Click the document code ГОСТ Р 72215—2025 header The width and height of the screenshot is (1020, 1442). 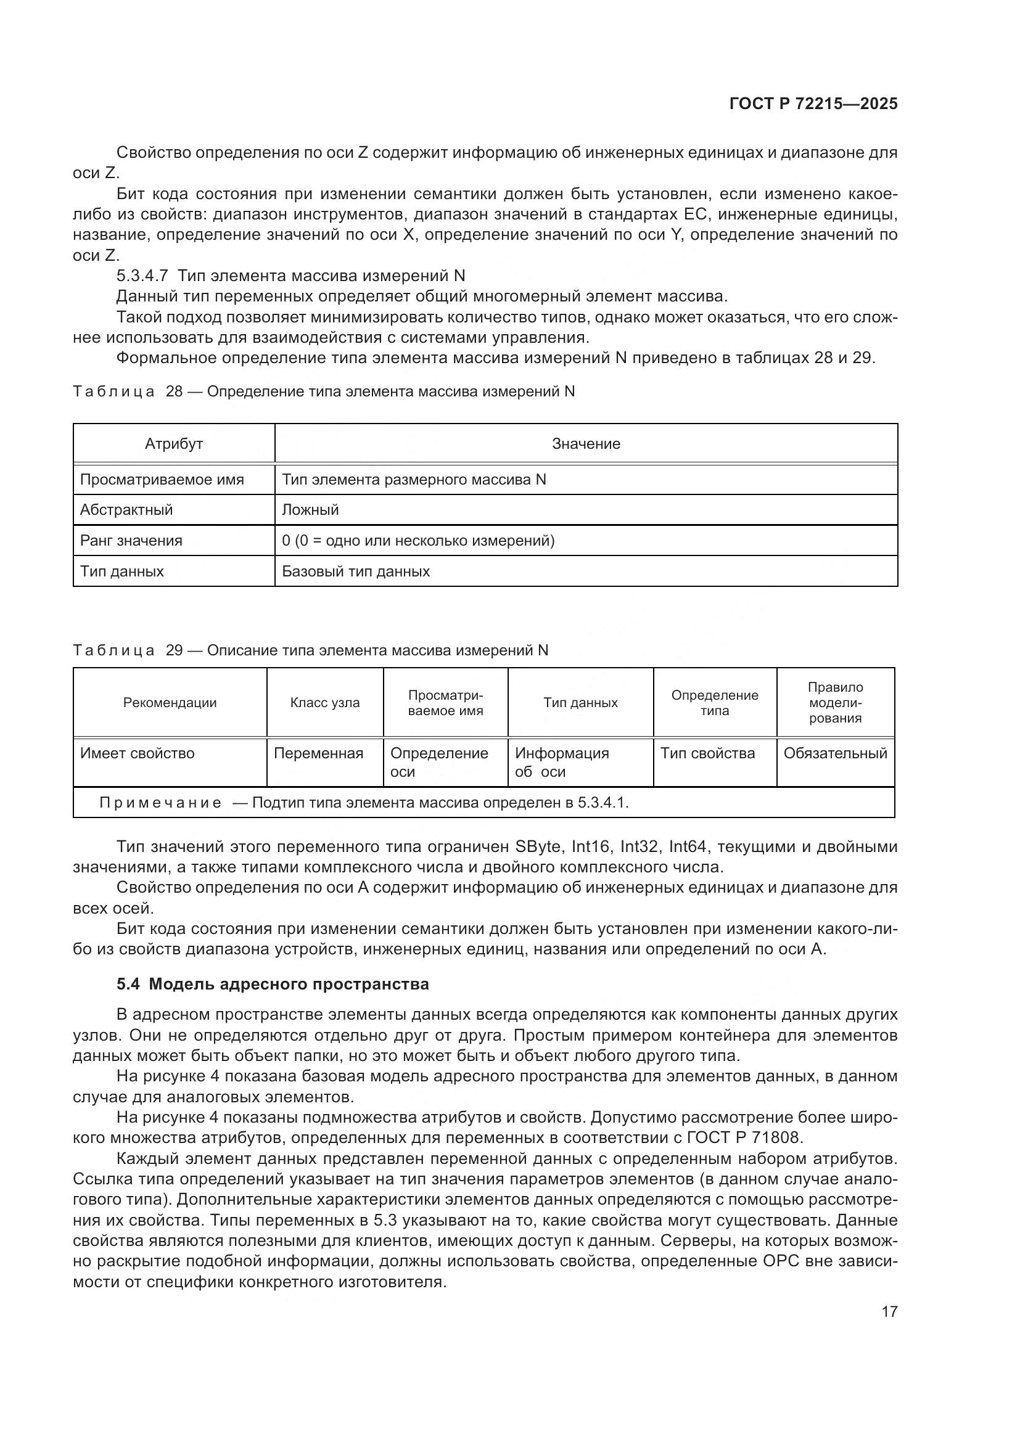pos(813,104)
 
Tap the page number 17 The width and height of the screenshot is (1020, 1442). pos(889,1311)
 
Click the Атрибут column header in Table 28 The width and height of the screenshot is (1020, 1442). pos(174,444)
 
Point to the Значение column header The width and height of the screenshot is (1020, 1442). pos(585,444)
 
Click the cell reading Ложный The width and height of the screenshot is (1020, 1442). pos(310,510)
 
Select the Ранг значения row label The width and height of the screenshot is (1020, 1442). pos(131,541)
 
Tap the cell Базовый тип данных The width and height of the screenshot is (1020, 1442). pos(355,571)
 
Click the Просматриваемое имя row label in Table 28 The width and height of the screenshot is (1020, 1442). pos(162,480)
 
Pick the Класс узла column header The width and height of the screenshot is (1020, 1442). pos(325,703)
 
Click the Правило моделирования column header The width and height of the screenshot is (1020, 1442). pos(835,703)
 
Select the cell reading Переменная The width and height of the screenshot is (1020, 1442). pos(318,753)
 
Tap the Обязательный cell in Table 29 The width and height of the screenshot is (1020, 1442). pos(835,753)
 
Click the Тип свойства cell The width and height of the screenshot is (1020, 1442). pos(707,753)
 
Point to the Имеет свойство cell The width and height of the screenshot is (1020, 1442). pos(137,753)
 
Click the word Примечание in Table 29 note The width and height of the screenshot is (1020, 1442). pos(160,803)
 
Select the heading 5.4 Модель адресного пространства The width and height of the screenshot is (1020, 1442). pos(273,984)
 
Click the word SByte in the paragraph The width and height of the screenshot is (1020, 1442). pos(538,847)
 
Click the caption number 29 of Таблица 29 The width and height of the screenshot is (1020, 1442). pos(174,650)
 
